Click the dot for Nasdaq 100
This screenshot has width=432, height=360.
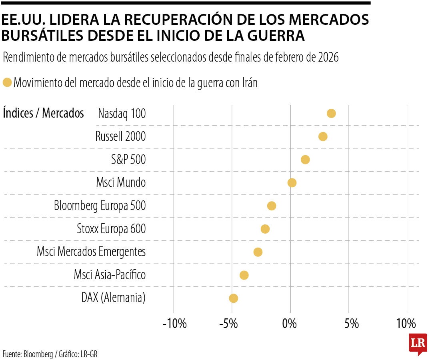pos(331,113)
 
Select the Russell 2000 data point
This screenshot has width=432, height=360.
pos(323,136)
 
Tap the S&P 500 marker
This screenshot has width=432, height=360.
pos(305,160)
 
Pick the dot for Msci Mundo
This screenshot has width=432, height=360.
pos(292,183)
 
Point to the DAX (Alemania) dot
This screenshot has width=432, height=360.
pos(234,298)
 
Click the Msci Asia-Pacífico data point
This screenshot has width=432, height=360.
pos(244,275)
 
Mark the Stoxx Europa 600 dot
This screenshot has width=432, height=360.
pos(265,229)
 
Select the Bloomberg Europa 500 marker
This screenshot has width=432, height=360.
pos(272,206)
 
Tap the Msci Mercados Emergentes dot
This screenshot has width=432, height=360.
pos(258,252)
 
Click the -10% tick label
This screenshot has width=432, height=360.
pos(174,323)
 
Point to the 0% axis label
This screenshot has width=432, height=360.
pos(290,323)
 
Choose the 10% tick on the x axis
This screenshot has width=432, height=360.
pos(406,323)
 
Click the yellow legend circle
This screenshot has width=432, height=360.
pos(7,83)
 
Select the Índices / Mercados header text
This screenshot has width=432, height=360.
pos(43,113)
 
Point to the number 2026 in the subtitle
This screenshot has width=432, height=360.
pos(328,58)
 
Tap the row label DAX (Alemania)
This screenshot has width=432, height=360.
pos(113,298)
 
